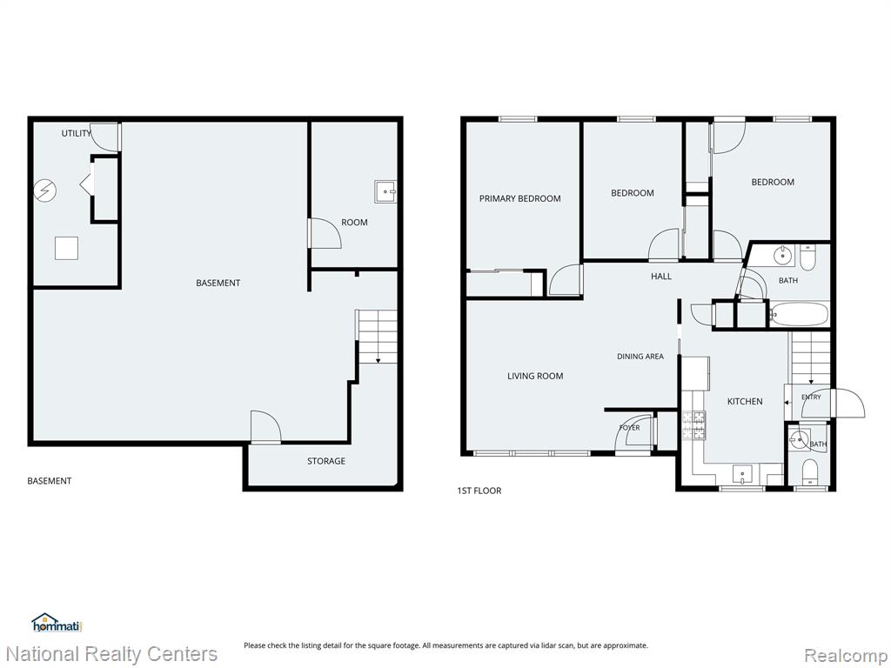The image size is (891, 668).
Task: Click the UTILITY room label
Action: pyautogui.click(x=77, y=133)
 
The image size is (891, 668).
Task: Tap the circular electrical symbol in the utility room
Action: pyautogui.click(x=45, y=190)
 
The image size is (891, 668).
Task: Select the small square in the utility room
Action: pyautogui.click(x=66, y=248)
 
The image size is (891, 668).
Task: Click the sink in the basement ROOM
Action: pyautogui.click(x=385, y=192)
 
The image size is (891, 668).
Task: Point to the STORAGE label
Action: pyautogui.click(x=326, y=461)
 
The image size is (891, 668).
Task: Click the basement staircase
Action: pyautogui.click(x=376, y=337)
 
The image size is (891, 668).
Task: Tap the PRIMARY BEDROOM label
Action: pyautogui.click(x=520, y=199)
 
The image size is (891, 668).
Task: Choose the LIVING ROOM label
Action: pyautogui.click(x=535, y=376)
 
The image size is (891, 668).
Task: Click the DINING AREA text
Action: pyautogui.click(x=640, y=357)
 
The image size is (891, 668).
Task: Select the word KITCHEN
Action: pyautogui.click(x=745, y=402)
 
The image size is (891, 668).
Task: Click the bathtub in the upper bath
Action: pyautogui.click(x=799, y=314)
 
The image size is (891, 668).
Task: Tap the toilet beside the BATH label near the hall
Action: pyautogui.click(x=807, y=257)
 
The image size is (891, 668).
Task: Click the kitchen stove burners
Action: pyautogui.click(x=693, y=425)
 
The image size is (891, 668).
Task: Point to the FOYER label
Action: pyautogui.click(x=630, y=428)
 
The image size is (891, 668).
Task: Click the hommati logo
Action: pyautogui.click(x=57, y=623)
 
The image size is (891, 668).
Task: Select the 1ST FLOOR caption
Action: pyautogui.click(x=479, y=491)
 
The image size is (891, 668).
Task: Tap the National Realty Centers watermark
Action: pyautogui.click(x=111, y=654)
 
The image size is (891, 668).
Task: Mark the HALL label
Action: pyautogui.click(x=661, y=277)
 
